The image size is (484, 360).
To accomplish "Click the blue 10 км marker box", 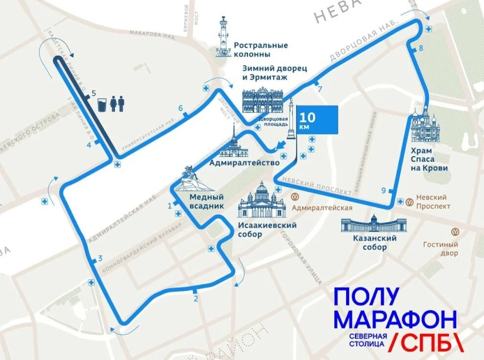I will pyautogui.click(x=317, y=119).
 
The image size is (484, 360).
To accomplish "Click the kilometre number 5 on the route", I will pyautogui.click(x=93, y=93).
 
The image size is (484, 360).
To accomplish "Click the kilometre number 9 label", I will pyautogui.click(x=383, y=190).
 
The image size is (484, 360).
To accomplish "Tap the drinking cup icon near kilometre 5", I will pyautogui.click(x=102, y=104).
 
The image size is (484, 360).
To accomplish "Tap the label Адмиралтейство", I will pyautogui.click(x=244, y=162).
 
